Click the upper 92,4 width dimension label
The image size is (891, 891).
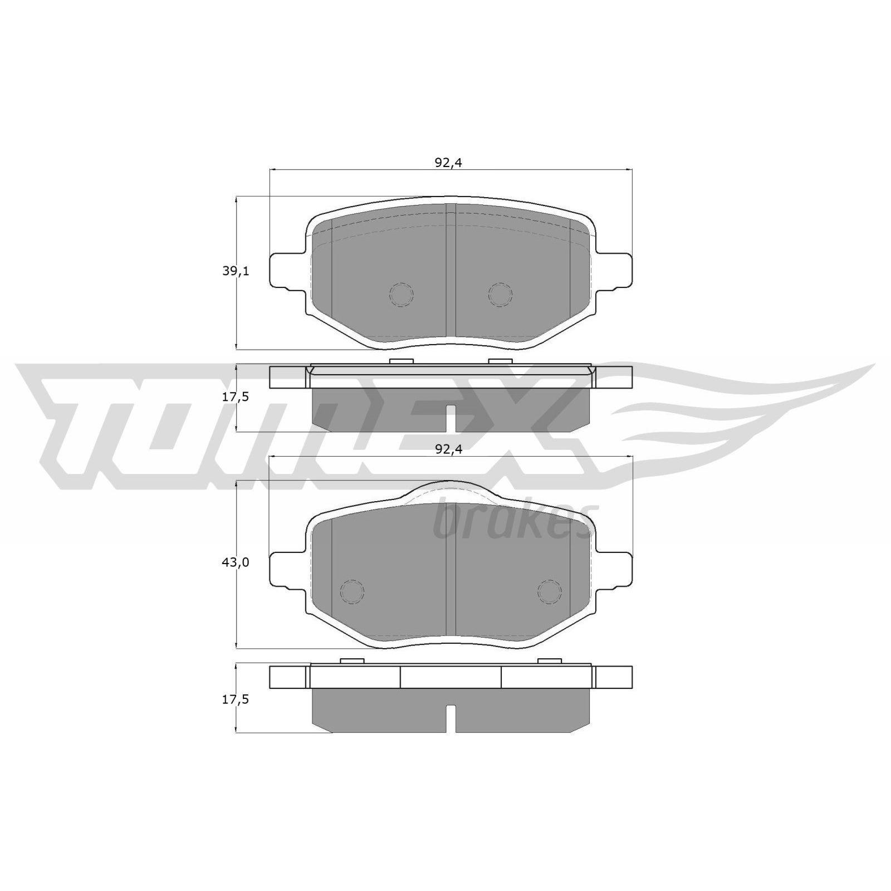click(x=449, y=163)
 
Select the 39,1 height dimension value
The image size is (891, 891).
click(x=236, y=271)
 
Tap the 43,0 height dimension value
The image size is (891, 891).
click(x=236, y=562)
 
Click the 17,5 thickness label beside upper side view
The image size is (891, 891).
click(x=236, y=397)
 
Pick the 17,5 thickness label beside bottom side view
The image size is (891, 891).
click(x=236, y=700)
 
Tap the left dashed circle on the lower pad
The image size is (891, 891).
click(x=352, y=591)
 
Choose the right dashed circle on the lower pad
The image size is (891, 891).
click(x=550, y=591)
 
